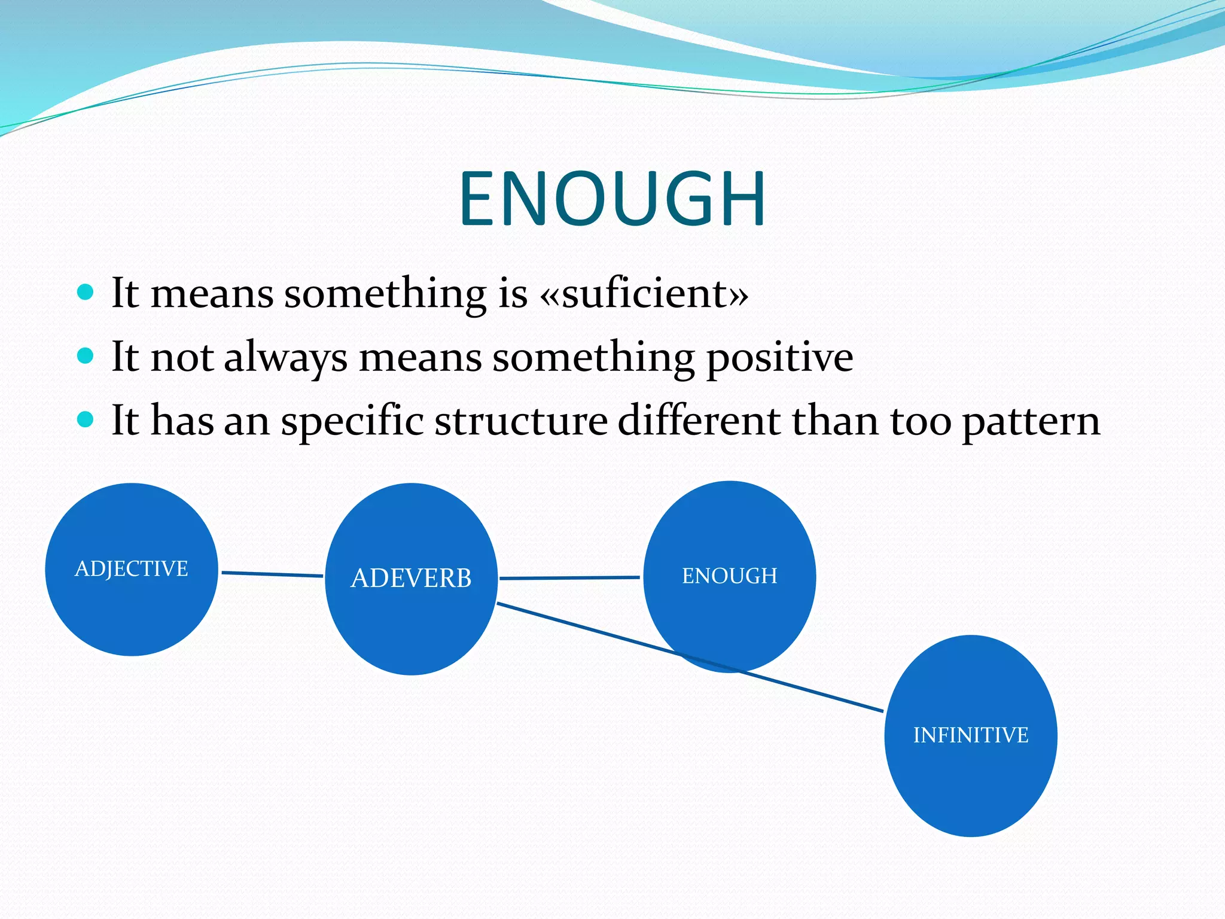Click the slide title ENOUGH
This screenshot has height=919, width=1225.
pyautogui.click(x=612, y=199)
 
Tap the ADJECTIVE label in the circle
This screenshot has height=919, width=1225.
pyautogui.click(x=132, y=568)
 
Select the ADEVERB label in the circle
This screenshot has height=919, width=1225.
pyautogui.click(x=411, y=578)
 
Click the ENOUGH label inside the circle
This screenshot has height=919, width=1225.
pyautogui.click(x=729, y=576)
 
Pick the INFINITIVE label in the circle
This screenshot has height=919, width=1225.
pyautogui.click(x=970, y=735)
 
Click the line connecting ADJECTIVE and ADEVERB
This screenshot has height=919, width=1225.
pyautogui.click(x=272, y=574)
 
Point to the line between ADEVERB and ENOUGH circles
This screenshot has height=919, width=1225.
pyautogui.click(x=569, y=578)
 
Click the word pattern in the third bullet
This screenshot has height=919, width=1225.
pyautogui.click(x=1031, y=421)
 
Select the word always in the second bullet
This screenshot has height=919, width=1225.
pyautogui.click(x=285, y=358)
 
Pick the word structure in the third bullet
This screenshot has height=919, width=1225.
pyautogui.click(x=521, y=420)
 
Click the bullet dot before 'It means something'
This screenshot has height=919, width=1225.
pyautogui.click(x=86, y=293)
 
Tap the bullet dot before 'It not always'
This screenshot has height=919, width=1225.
pyautogui.click(x=86, y=356)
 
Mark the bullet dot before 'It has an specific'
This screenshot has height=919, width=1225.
pyautogui.click(x=86, y=419)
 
